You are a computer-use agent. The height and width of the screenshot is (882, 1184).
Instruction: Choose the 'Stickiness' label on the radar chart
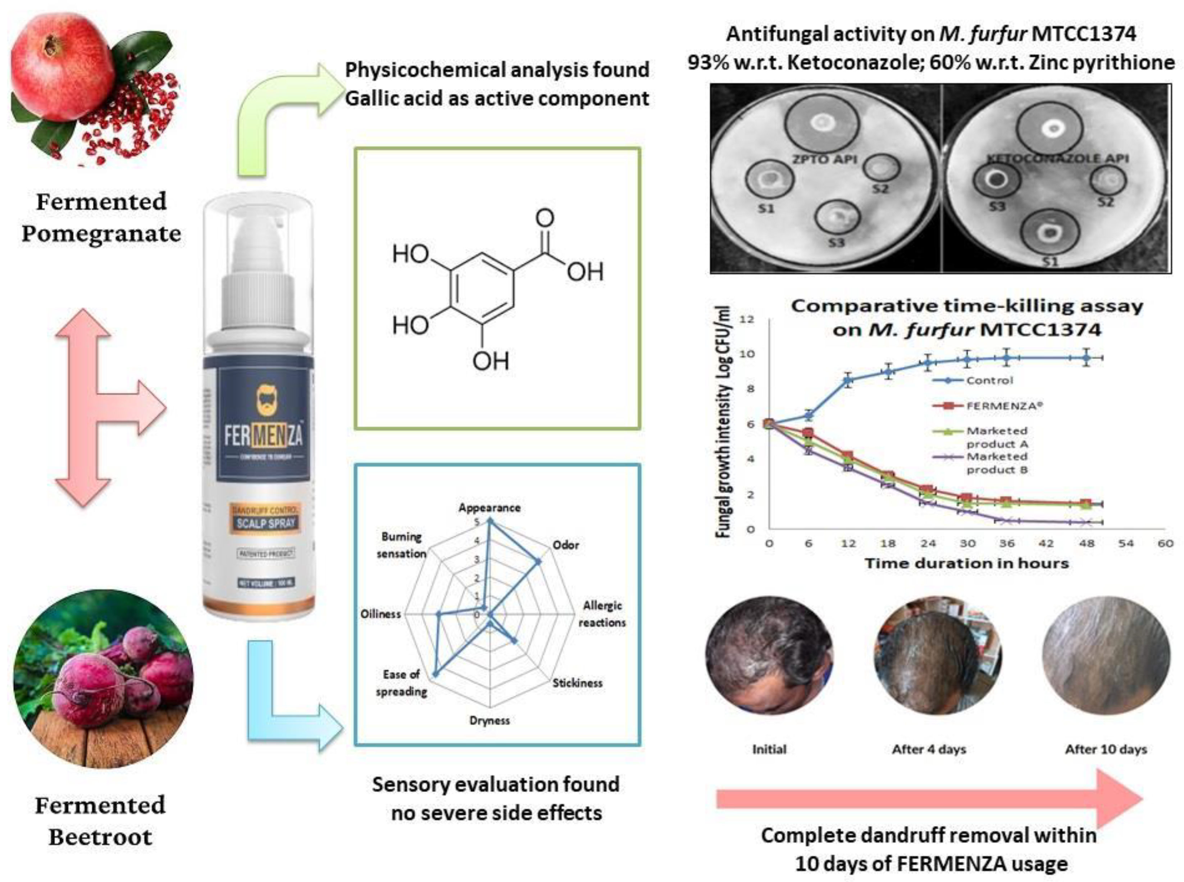577,683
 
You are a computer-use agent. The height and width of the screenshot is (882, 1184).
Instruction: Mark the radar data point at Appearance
491,521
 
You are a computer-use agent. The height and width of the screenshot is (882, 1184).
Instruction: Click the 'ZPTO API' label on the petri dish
824,159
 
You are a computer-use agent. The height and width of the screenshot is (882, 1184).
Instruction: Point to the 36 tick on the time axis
1007,544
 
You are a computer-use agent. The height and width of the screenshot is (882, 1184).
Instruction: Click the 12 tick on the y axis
747,319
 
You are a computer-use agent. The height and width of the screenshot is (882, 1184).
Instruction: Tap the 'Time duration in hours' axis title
967,564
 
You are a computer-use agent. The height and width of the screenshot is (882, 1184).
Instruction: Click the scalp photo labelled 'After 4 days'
937,656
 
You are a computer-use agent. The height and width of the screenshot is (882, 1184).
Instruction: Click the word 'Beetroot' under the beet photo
100,837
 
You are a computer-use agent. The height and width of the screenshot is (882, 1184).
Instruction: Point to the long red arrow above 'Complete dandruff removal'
929,799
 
